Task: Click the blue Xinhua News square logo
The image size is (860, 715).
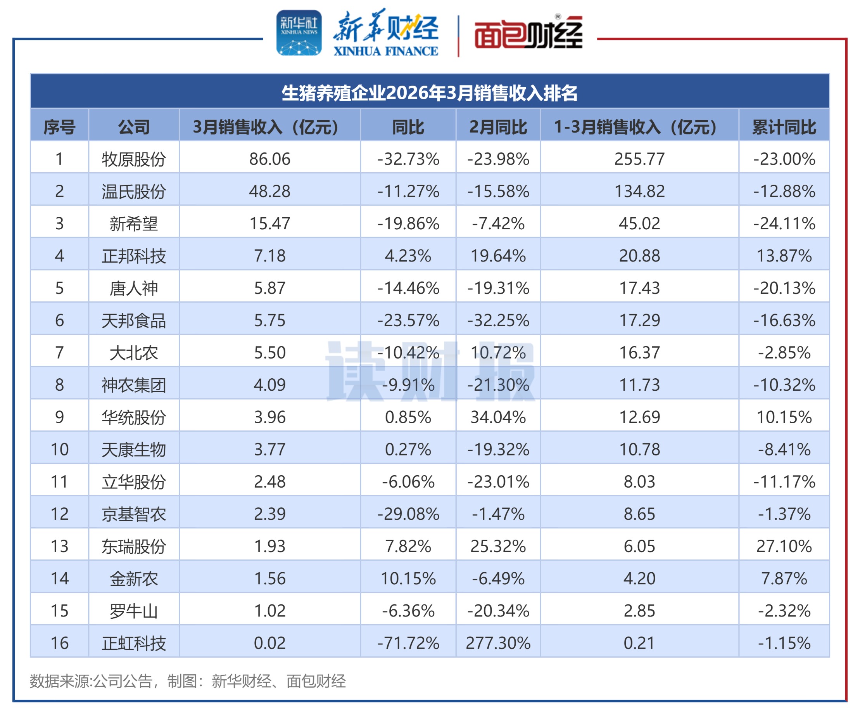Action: pyautogui.click(x=299, y=33)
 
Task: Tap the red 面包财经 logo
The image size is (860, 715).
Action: pyautogui.click(x=528, y=34)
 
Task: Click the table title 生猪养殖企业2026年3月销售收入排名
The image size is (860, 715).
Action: pyautogui.click(x=430, y=93)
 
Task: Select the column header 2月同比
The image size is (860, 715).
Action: pyautogui.click(x=498, y=127)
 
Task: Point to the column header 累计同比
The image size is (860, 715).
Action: pyautogui.click(x=784, y=127)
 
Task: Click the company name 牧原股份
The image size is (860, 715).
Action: pyautogui.click(x=134, y=159)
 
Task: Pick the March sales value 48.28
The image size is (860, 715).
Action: pyautogui.click(x=269, y=191)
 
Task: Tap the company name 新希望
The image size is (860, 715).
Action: pyautogui.click(x=134, y=224)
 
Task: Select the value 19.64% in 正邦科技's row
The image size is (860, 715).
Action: pyautogui.click(x=498, y=256)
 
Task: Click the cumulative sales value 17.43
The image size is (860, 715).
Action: pyautogui.click(x=639, y=288)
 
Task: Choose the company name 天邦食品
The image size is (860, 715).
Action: pyautogui.click(x=134, y=320)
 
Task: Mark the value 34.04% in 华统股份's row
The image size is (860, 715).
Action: pyautogui.click(x=498, y=417)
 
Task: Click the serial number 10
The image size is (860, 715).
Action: pyautogui.click(x=59, y=450)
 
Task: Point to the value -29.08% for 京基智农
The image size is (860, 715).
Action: pyautogui.click(x=408, y=514)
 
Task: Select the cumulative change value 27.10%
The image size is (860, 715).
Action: pyautogui.click(x=784, y=546)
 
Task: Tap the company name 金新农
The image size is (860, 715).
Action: pyautogui.click(x=134, y=578)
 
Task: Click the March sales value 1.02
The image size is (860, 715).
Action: pyautogui.click(x=269, y=611)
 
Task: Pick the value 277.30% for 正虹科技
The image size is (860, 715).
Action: pyautogui.click(x=498, y=643)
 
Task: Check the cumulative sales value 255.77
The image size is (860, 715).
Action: pyautogui.click(x=639, y=159)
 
